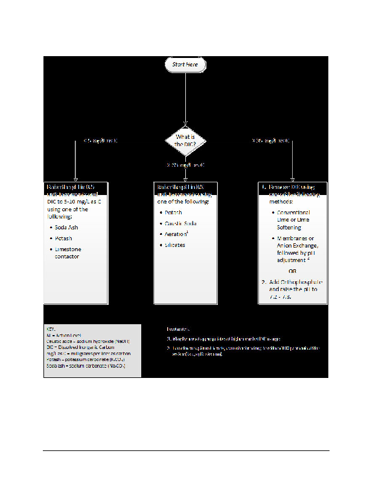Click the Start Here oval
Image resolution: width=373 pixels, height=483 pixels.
click(x=185, y=65)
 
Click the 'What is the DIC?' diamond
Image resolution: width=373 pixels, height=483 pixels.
click(x=185, y=141)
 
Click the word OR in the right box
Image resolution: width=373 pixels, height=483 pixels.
click(x=292, y=270)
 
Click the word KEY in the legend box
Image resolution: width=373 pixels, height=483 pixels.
click(x=51, y=329)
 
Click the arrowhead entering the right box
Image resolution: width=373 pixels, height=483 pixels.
click(x=293, y=179)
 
